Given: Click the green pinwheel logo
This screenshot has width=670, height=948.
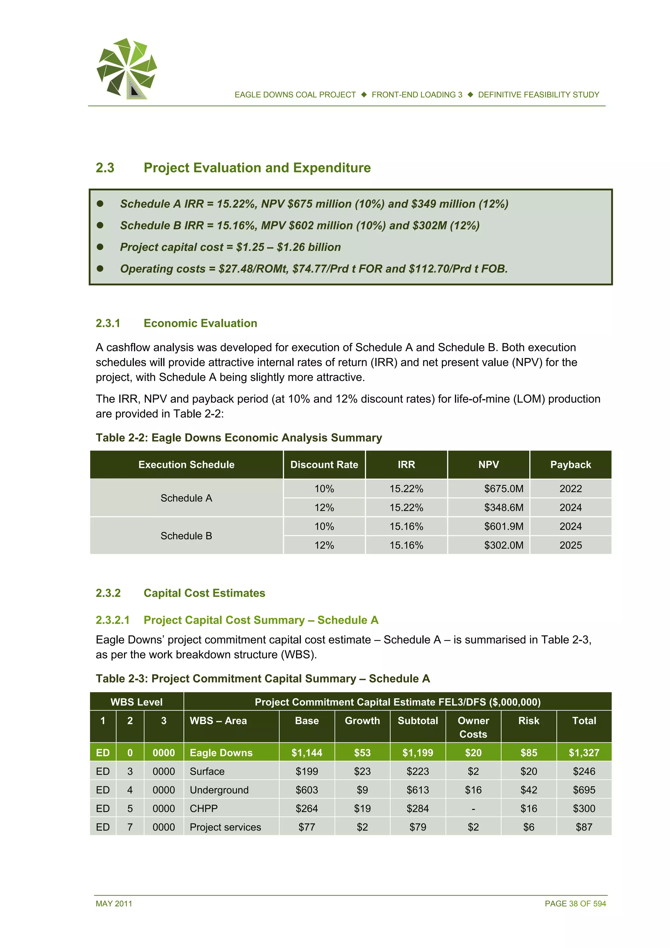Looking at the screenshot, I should pos(127,68).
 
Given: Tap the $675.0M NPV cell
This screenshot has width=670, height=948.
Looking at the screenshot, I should pos(503,489).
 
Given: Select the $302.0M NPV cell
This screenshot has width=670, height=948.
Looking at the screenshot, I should pos(503,545).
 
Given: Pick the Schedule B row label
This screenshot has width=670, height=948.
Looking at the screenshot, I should pos(186,536).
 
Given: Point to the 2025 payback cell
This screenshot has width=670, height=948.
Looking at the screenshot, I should pos(570,545).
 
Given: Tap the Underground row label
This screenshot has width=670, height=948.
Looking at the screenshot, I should pos(219,790).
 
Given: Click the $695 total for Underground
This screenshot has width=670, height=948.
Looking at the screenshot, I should pos(584,790).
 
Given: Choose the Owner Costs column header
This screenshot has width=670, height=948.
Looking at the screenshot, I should pos(473,727).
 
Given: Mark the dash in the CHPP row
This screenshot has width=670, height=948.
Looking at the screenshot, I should pos(473,809).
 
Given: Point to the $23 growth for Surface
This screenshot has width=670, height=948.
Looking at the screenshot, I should pos(362,771).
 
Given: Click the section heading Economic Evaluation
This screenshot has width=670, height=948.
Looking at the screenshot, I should pos(200,323).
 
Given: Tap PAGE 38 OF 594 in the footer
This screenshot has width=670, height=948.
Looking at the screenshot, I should pos(575,903).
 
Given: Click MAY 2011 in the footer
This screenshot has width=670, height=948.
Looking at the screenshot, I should pos(114,903).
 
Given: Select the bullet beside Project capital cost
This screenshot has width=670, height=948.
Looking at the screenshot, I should pos(100,247).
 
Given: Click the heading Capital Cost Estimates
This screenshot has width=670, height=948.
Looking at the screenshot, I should pos(204,593).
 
